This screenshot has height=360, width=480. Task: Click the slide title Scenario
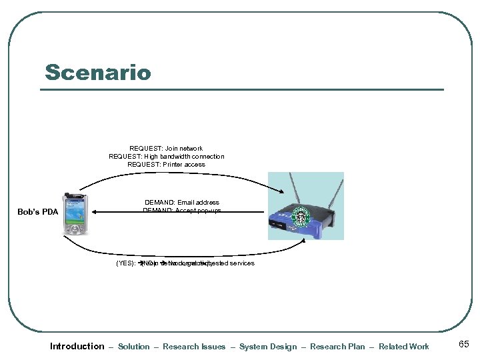(x=98, y=72)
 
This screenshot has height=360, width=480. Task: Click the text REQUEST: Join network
(x=166, y=149)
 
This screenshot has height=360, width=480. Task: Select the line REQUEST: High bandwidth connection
(x=166, y=157)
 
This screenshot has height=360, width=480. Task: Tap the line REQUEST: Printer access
(x=166, y=165)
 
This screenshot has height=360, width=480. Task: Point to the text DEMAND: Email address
(x=181, y=202)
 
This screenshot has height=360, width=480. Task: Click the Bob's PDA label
(x=37, y=213)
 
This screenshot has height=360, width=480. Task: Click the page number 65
(x=464, y=345)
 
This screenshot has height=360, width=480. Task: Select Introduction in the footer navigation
(x=77, y=346)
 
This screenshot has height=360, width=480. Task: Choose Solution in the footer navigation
(x=133, y=347)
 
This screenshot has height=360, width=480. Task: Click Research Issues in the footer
(x=194, y=347)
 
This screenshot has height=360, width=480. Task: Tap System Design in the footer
(x=268, y=347)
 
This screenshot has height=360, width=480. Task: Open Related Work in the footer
(x=404, y=347)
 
